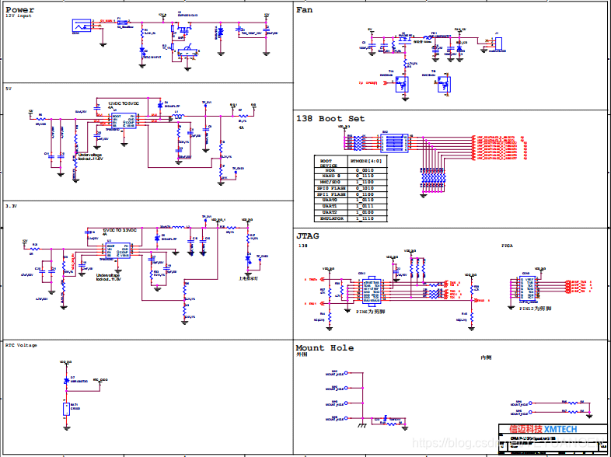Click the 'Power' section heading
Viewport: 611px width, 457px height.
coord(20,10)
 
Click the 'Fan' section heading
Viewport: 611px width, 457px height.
coord(305,10)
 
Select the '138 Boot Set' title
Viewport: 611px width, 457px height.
coord(330,119)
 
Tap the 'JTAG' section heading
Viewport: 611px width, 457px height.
coord(309,235)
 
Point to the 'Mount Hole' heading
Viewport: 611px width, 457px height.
coord(324,347)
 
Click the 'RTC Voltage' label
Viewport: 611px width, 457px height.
coord(21,345)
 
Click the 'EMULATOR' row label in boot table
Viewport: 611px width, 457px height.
coord(333,218)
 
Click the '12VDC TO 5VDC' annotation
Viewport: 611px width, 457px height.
coord(124,103)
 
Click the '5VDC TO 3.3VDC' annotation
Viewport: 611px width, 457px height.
coord(120,230)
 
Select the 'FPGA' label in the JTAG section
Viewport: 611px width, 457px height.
coord(508,246)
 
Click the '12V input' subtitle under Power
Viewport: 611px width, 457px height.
coord(19,17)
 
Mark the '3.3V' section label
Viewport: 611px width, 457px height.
coord(11,207)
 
